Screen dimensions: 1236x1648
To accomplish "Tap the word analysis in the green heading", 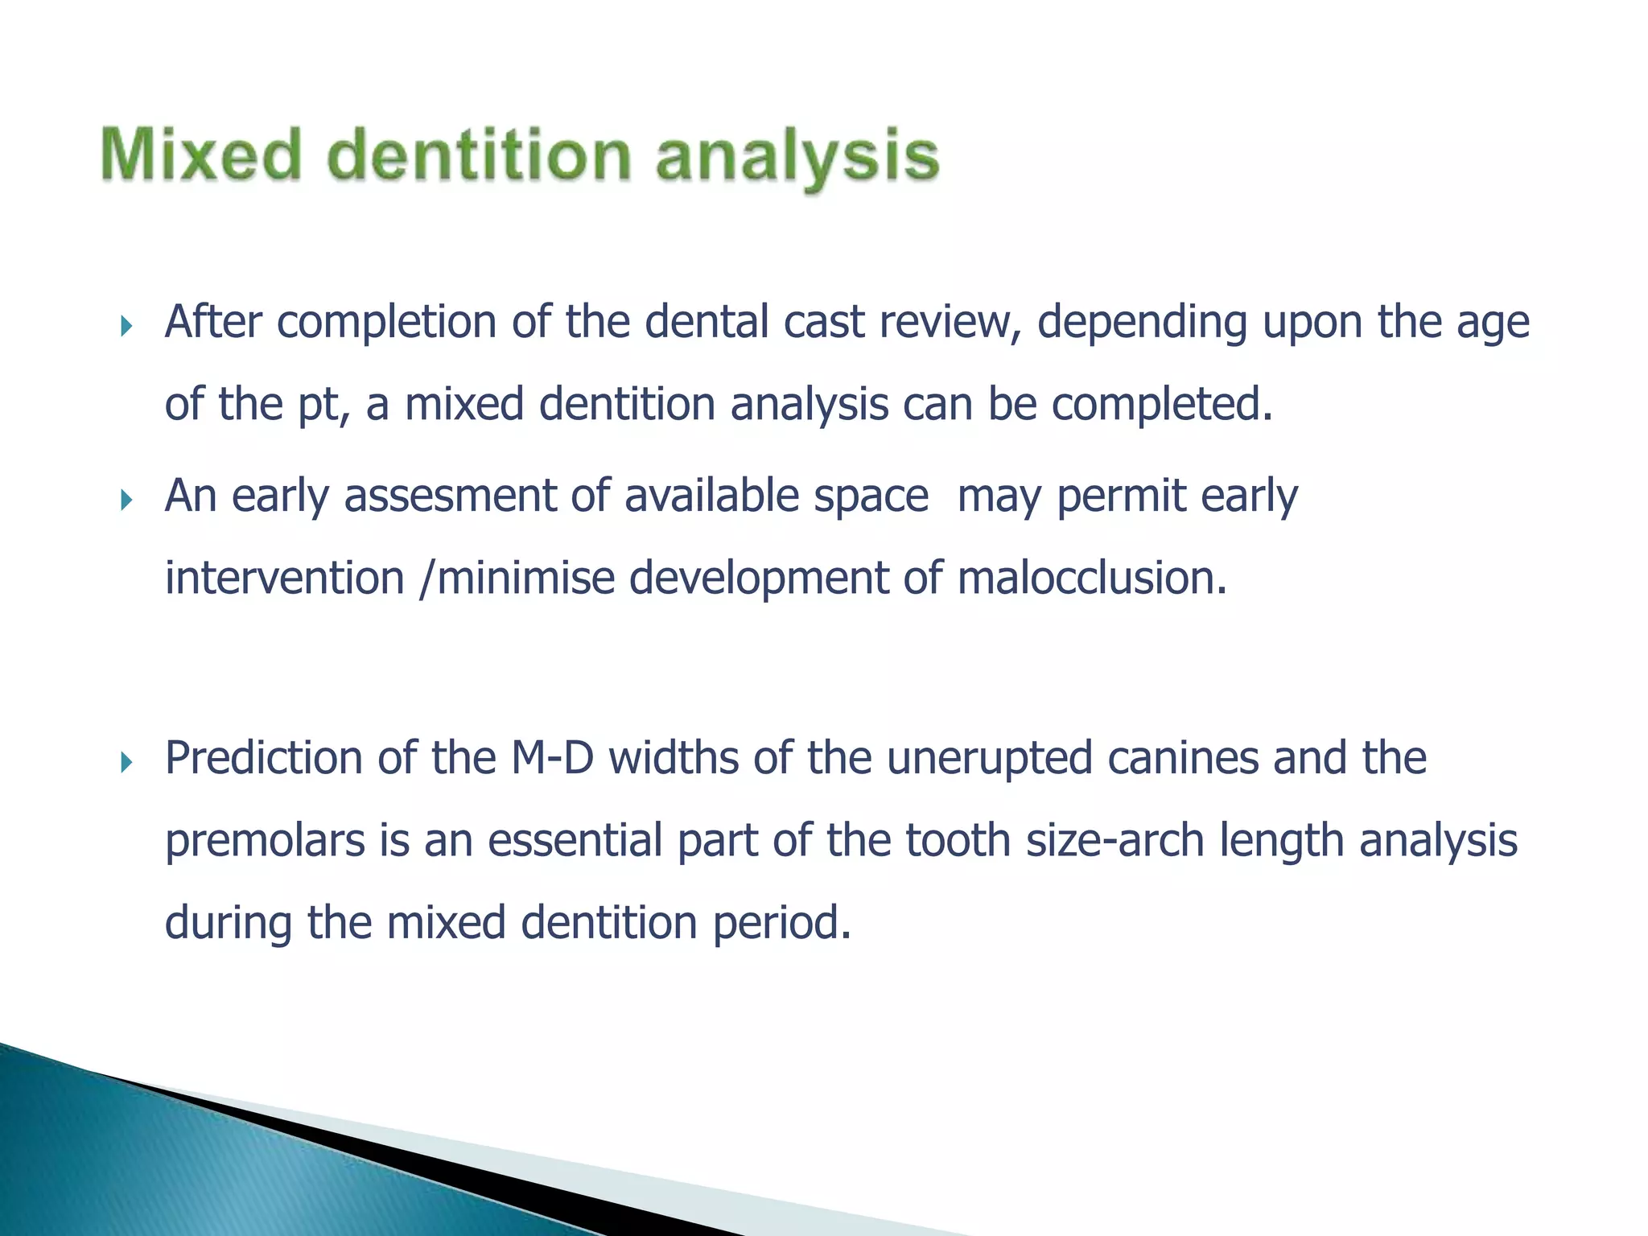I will (x=797, y=157).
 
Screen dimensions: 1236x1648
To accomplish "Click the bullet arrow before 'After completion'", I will (x=126, y=326).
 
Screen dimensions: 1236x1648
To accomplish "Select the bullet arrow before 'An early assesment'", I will (x=126, y=501).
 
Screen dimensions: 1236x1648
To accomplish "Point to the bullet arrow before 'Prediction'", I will (x=126, y=762).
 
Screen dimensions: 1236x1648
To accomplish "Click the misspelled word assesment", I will (x=450, y=496).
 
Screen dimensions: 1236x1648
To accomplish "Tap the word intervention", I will (x=284, y=579).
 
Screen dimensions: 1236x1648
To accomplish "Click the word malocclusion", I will (x=1092, y=579).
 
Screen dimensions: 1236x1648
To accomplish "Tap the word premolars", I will (x=265, y=842).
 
